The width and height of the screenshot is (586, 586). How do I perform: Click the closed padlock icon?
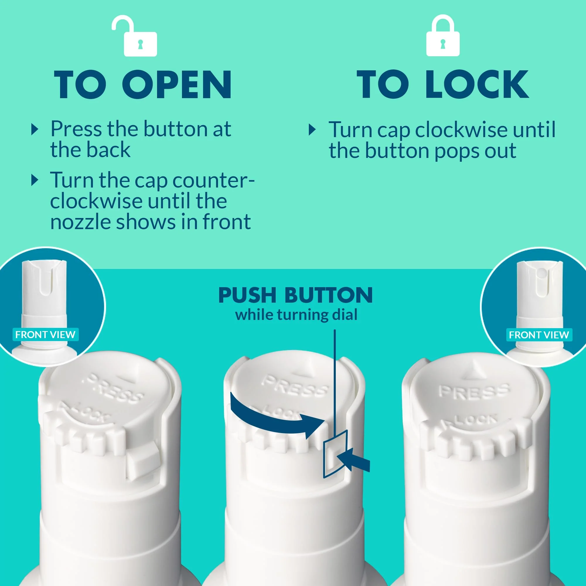point(443,36)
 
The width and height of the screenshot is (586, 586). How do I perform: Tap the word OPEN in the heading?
point(177,85)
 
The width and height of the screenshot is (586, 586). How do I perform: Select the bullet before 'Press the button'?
point(35,130)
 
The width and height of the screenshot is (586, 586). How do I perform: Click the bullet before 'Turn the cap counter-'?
point(35,180)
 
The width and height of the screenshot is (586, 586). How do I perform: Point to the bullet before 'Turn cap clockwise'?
point(312,130)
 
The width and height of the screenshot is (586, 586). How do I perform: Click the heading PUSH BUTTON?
point(295,295)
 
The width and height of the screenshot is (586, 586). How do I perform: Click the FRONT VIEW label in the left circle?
point(45,335)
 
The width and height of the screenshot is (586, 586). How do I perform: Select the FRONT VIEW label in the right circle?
point(539,335)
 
